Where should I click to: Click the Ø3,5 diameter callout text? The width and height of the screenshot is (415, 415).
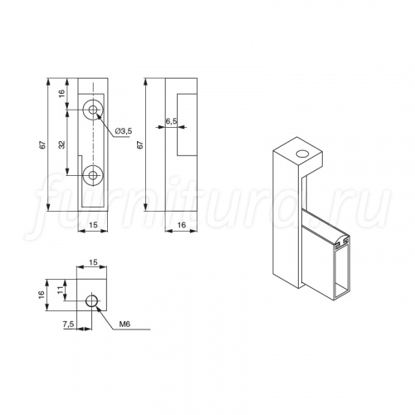coord(123,131)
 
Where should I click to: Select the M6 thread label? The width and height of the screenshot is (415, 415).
coord(124,325)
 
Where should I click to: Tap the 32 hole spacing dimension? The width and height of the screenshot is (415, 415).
coord(61,144)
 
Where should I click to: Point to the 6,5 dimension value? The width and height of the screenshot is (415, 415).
coord(172,121)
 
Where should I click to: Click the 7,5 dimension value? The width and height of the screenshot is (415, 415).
coord(68,325)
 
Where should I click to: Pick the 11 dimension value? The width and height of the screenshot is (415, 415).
coord(61,290)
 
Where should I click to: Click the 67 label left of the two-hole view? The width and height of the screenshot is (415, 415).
coord(42,145)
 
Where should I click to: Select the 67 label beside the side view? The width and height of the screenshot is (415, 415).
coord(140,145)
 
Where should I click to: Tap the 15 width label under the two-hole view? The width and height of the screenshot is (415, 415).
coord(94,225)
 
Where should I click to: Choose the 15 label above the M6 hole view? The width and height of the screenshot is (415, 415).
coord(94,261)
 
